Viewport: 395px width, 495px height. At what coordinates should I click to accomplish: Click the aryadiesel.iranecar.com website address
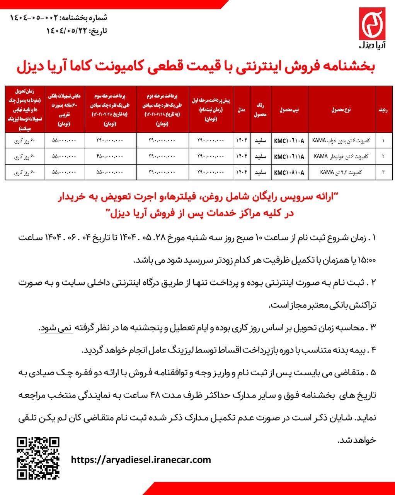(x=141, y=460)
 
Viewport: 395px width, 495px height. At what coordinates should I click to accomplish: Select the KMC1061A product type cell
(x=289, y=141)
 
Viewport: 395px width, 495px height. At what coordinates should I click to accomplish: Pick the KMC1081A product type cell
(x=289, y=172)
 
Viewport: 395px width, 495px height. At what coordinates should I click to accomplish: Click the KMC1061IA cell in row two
(x=289, y=157)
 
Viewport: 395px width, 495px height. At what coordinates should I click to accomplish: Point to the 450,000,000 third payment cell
(x=109, y=157)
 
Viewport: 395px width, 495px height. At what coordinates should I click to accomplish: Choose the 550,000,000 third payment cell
(x=109, y=172)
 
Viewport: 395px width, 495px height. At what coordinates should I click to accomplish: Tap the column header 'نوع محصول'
(x=341, y=110)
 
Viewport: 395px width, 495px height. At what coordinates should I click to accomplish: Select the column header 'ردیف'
(x=383, y=110)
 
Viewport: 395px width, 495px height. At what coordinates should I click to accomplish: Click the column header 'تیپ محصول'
(x=289, y=110)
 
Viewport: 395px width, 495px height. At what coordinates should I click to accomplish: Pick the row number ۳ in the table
(x=383, y=172)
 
